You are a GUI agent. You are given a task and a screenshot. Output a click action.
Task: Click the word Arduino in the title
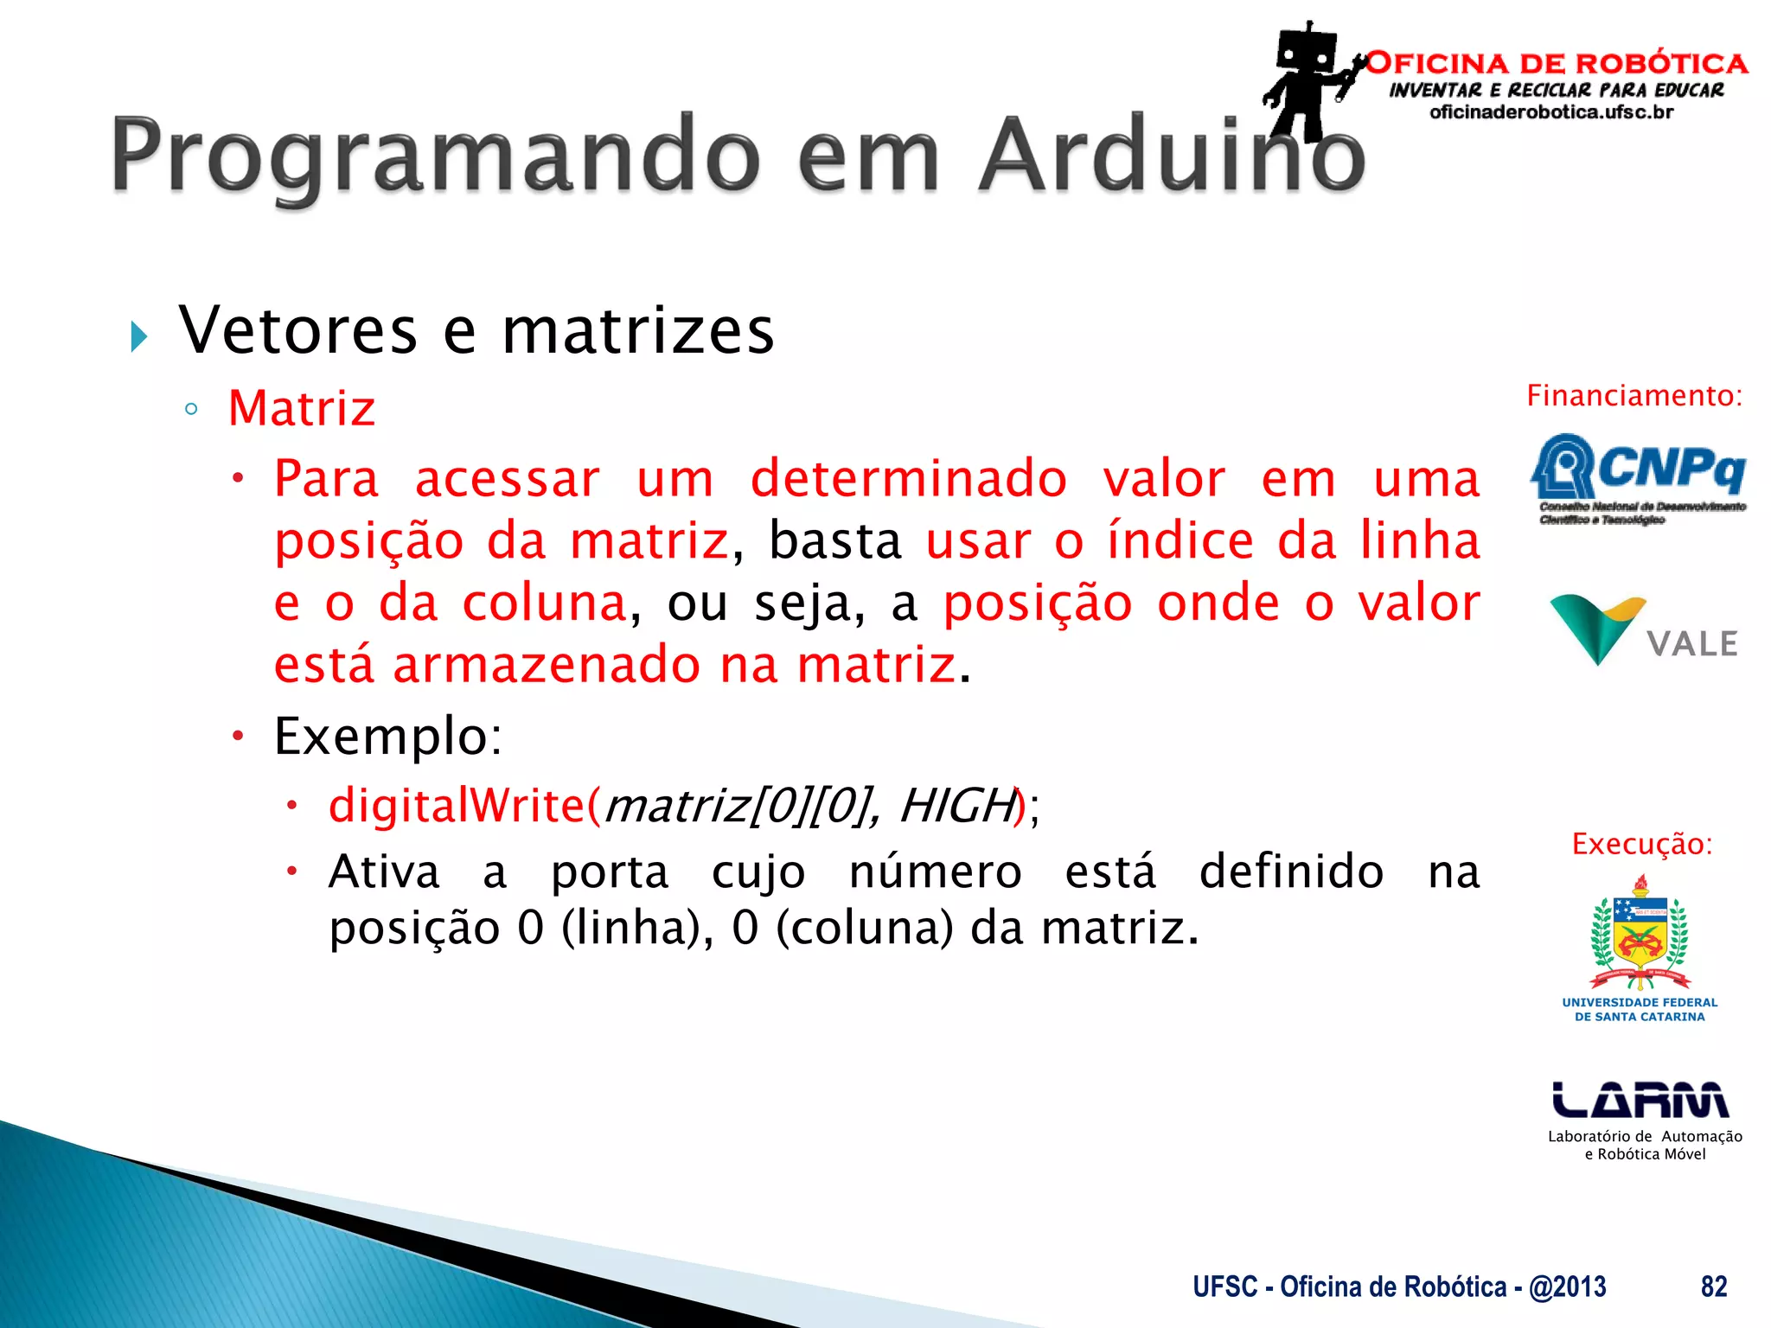coord(1172,156)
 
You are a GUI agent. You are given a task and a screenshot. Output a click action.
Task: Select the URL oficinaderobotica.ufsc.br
coord(1551,112)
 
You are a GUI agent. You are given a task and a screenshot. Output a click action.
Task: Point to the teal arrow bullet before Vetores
coord(139,335)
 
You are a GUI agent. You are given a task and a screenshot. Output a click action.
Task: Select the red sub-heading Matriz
coord(302,408)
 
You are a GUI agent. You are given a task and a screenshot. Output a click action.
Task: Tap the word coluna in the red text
coord(544,603)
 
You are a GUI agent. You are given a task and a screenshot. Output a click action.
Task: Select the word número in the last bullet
coord(935,871)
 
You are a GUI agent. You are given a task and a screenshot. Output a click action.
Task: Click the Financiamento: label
coord(1634,396)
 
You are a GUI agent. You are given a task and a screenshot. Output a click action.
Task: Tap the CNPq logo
coord(1639,476)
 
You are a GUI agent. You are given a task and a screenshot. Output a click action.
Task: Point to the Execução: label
coord(1641,844)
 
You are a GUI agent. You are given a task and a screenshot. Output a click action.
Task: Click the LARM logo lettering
coord(1640,1101)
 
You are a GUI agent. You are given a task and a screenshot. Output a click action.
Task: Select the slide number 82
coord(1713,1286)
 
